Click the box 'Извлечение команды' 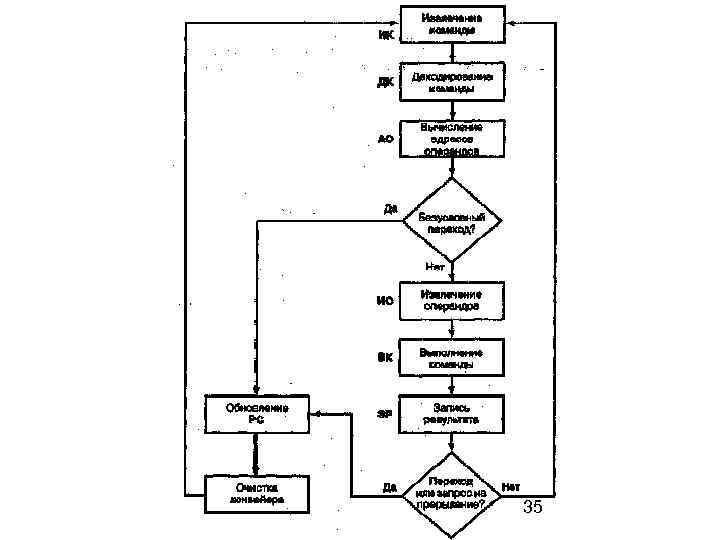452,24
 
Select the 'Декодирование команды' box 452,82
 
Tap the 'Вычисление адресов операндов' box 452,139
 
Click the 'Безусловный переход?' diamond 452,221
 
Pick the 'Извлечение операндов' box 452,300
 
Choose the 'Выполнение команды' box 452,358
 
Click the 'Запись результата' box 452,414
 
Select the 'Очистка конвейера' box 257,493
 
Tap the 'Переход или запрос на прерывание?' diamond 452,493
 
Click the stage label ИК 385,34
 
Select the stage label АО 385,139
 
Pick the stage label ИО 385,301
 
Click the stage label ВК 385,358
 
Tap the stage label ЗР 384,414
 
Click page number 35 533,509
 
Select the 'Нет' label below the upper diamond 435,267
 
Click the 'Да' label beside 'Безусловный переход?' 391,209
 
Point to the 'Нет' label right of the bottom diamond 511,486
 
